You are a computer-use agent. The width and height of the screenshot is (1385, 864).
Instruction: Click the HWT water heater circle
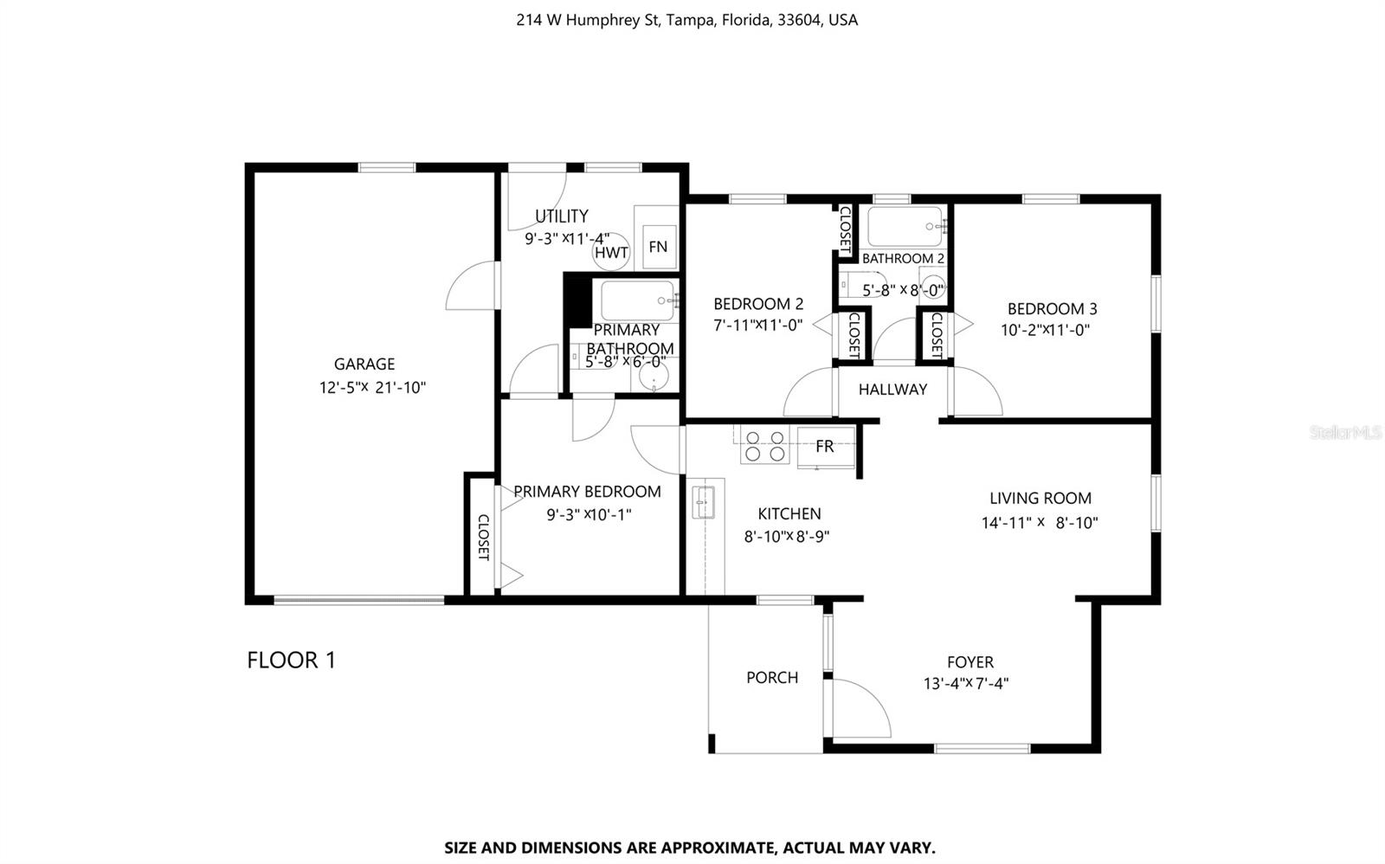click(x=611, y=253)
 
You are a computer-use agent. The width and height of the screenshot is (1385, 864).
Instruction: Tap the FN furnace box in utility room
click(x=658, y=247)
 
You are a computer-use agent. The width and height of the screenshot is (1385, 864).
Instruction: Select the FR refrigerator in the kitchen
click(x=825, y=447)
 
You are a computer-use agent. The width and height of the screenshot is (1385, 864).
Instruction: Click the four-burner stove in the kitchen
click(x=764, y=446)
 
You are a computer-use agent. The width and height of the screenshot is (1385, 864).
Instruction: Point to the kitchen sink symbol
click(x=703, y=502)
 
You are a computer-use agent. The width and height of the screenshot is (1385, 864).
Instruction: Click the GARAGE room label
click(x=364, y=364)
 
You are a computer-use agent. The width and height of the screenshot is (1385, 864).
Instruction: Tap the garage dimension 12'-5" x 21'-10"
click(x=372, y=388)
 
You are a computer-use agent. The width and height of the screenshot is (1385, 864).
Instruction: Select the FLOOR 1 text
click(x=291, y=661)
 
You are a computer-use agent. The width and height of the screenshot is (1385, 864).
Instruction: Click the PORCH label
click(x=772, y=678)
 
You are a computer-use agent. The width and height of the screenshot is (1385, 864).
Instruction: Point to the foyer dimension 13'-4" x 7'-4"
click(x=966, y=684)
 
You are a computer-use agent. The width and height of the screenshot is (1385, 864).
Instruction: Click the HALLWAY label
click(x=892, y=390)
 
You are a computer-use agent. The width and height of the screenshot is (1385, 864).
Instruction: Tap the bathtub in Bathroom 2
click(x=905, y=227)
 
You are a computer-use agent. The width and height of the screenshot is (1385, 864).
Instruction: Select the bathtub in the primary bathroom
click(x=637, y=300)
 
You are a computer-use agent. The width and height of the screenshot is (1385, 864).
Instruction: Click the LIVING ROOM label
click(x=1040, y=499)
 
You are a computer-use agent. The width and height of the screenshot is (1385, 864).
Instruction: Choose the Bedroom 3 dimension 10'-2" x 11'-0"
click(x=1045, y=330)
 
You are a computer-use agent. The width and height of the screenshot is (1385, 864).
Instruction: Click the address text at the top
click(x=686, y=20)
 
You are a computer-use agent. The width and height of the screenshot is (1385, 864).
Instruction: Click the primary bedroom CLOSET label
click(x=483, y=538)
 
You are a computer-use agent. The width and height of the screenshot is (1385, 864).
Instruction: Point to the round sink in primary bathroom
click(x=653, y=377)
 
